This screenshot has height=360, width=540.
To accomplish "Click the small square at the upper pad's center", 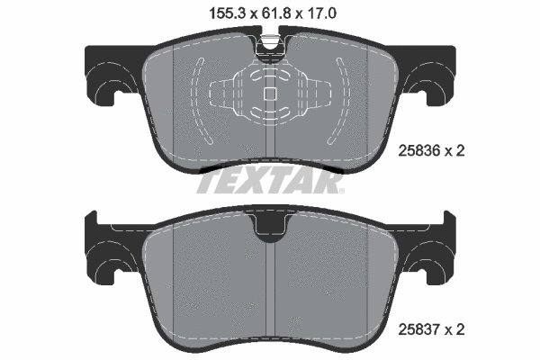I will [268, 93].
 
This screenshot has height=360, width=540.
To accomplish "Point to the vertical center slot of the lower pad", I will [270, 288].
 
